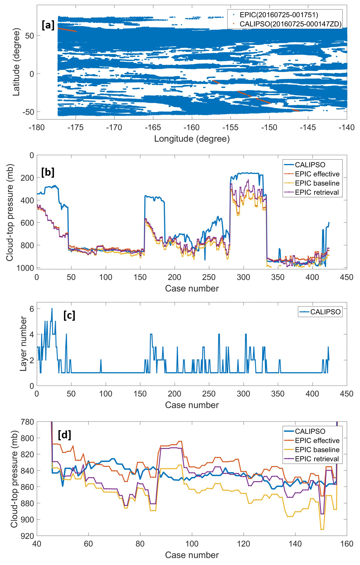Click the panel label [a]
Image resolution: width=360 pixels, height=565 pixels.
point(48,25)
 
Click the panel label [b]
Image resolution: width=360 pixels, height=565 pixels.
point(48,172)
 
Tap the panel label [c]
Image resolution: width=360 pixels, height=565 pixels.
point(69,315)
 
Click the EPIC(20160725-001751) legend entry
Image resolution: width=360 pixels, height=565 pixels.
point(278,15)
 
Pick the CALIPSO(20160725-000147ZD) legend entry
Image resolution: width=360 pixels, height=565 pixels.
point(290,24)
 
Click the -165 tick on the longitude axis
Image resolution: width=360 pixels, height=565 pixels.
point(153,127)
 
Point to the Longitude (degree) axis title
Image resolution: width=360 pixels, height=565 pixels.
point(192,139)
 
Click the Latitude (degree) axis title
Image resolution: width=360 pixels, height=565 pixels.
point(16,62)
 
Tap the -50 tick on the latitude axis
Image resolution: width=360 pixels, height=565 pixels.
point(28,112)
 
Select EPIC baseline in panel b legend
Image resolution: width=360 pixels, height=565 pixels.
point(317,183)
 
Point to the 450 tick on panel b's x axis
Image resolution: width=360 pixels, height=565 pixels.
point(346,277)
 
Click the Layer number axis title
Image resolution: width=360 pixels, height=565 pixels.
point(23,344)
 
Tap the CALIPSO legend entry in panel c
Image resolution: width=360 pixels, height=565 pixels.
point(325,312)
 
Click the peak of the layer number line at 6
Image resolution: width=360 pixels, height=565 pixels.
point(52,309)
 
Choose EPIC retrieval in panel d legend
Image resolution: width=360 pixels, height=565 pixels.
point(317,459)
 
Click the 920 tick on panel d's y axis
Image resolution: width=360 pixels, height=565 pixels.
point(27,536)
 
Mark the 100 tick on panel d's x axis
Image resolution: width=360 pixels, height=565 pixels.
point(192,544)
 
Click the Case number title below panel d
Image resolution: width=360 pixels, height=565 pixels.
point(192,555)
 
